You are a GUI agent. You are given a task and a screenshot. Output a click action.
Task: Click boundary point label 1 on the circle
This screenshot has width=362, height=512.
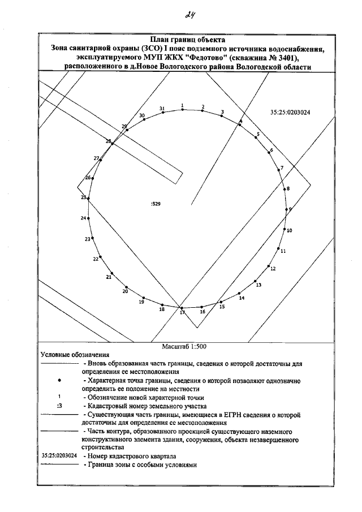click(182, 105)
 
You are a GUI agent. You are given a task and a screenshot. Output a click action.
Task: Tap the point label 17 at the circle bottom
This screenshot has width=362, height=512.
click(182, 312)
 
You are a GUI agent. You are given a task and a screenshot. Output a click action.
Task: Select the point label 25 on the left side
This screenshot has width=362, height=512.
click(84, 197)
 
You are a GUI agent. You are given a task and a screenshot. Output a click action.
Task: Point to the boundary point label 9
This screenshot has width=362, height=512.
click(290, 209)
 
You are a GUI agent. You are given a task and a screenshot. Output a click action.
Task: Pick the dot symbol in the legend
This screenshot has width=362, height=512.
click(59, 382)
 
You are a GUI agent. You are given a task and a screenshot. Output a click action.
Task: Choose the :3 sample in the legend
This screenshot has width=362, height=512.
click(59, 406)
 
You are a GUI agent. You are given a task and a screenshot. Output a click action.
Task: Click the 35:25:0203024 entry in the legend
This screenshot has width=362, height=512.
click(59, 455)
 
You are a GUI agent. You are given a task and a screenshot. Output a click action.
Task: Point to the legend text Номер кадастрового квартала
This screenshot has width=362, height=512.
click(130, 455)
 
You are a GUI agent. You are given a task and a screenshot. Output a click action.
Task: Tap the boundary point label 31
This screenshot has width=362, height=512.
click(162, 107)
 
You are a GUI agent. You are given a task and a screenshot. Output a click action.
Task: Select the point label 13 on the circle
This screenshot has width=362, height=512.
click(259, 285)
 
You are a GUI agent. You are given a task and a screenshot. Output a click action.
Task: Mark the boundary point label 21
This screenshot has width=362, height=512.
click(109, 277)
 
